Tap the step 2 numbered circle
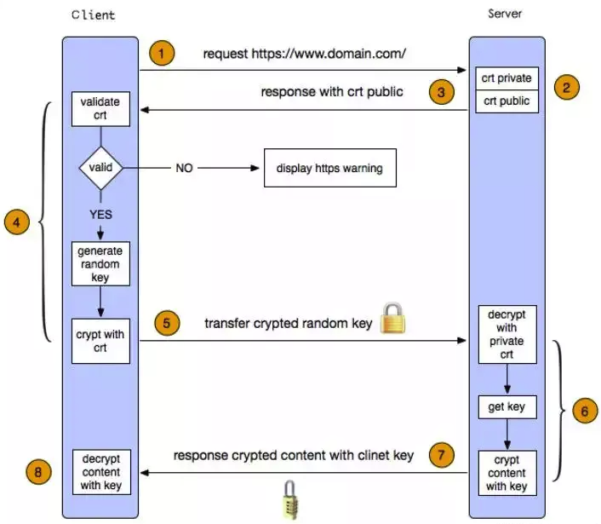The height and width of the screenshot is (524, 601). (x=565, y=86)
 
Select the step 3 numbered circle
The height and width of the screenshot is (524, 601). (x=440, y=92)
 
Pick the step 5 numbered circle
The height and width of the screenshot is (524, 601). (x=167, y=324)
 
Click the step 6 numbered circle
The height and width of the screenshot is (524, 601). (x=582, y=411)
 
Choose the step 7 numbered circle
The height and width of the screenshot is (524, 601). (x=440, y=455)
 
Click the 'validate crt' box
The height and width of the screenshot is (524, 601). (x=100, y=108)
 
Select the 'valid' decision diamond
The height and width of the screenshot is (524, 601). (x=100, y=167)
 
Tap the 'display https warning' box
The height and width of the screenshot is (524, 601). (x=329, y=169)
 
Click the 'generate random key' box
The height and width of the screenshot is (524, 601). (x=100, y=263)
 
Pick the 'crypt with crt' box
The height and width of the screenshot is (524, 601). (x=100, y=340)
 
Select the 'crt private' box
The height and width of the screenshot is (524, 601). (x=507, y=78)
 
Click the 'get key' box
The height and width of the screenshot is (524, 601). (x=507, y=407)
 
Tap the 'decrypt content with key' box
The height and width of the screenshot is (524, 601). (x=100, y=472)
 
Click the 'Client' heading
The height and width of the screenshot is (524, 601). (x=94, y=15)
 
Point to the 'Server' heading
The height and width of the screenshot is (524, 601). (x=505, y=14)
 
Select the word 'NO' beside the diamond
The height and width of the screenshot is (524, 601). (x=184, y=169)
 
